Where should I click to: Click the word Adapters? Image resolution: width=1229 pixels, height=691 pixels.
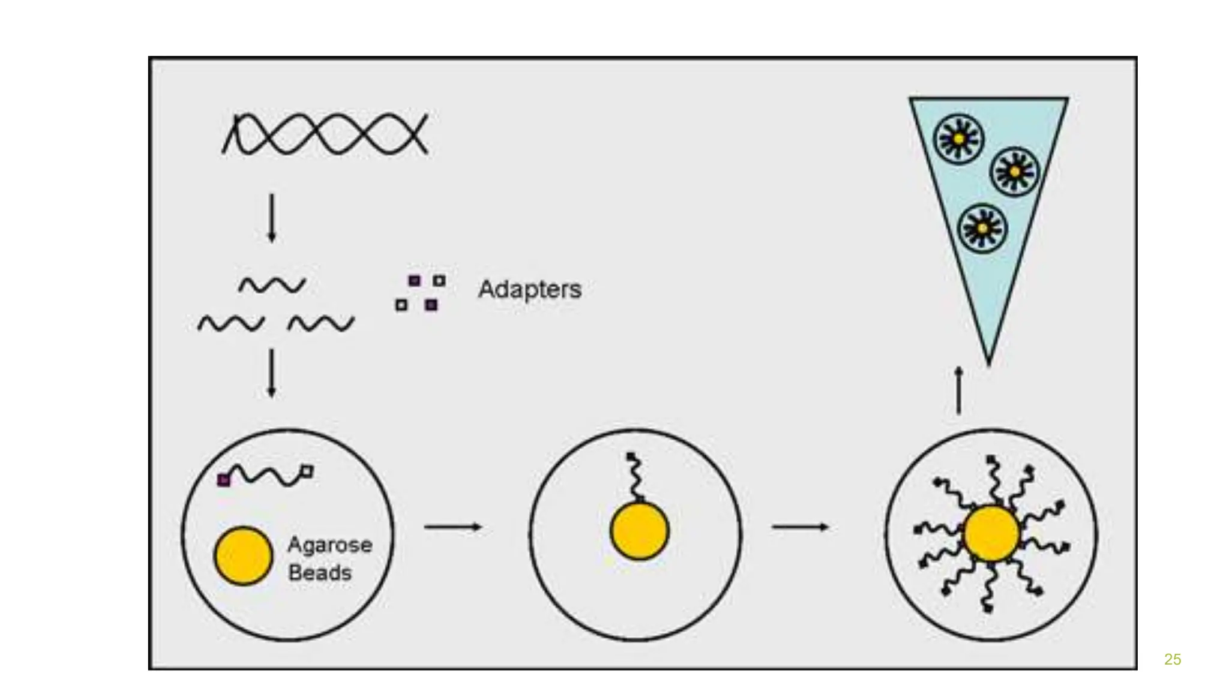point(529,290)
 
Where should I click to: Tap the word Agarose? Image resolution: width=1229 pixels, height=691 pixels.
point(329,545)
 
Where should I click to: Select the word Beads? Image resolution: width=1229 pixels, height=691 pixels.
point(320,573)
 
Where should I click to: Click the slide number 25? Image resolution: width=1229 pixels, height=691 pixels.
point(1172,659)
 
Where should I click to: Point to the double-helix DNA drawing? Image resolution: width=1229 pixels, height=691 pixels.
point(325,134)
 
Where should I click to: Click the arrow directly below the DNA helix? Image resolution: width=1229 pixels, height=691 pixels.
point(271,217)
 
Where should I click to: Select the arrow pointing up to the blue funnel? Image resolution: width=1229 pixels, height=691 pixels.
point(958,390)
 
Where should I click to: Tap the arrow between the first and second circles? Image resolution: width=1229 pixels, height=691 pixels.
point(452,527)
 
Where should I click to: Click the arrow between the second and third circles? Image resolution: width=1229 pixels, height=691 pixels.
point(800,527)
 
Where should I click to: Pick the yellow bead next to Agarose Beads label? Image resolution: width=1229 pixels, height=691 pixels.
point(243,555)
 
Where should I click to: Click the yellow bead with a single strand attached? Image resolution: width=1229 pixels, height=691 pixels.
point(639,531)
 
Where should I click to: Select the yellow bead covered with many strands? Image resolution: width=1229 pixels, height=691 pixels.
point(991,533)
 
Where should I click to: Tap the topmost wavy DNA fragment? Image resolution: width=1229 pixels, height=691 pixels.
point(272,285)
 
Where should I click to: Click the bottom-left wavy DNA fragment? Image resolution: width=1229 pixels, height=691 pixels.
point(231,324)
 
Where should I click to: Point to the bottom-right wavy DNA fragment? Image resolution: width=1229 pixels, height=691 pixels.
point(321,324)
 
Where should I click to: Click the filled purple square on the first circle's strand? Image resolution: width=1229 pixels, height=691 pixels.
point(223,480)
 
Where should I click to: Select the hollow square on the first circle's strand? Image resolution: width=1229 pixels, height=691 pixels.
point(307,471)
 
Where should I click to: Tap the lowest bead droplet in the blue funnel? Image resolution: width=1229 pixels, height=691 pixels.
point(982,229)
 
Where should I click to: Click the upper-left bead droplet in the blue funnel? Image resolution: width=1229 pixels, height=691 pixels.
point(959,139)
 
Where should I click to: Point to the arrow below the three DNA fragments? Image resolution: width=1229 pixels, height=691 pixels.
point(271,373)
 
